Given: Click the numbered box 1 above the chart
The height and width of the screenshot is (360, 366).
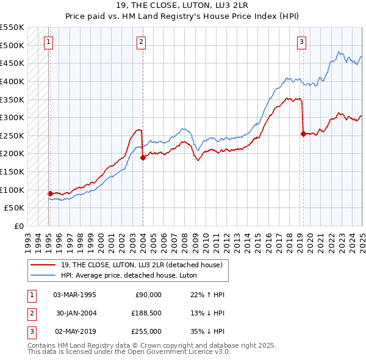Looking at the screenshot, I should click(x=48, y=42).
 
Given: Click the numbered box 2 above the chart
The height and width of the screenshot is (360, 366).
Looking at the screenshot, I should click(x=141, y=42).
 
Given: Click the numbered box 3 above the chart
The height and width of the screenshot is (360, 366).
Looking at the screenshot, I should click(x=302, y=42).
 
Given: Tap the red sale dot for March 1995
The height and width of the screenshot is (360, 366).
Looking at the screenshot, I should click(x=50, y=193).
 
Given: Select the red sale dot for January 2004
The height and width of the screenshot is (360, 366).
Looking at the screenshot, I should click(x=143, y=157).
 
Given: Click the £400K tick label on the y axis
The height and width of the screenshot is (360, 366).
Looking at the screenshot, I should click(x=12, y=81).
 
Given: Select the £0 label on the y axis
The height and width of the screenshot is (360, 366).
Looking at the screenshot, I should click(x=18, y=226).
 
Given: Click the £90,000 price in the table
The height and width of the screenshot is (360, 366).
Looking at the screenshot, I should click(x=148, y=295).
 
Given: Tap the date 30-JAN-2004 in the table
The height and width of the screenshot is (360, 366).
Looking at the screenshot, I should click(x=76, y=313).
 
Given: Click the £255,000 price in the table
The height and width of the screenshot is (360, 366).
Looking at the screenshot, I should click(x=146, y=331).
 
